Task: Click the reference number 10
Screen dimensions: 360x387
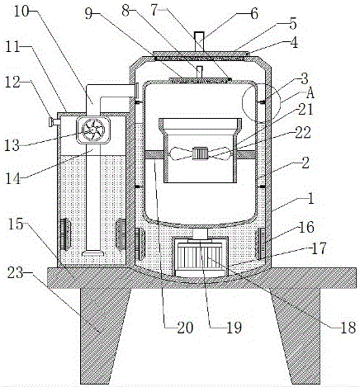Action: (21, 11)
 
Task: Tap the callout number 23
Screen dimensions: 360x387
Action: (16, 273)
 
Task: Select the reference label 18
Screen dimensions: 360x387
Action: (348, 327)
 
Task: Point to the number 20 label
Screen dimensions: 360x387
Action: (186, 327)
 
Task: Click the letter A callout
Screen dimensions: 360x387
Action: (310, 93)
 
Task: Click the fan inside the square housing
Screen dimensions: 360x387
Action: (92, 130)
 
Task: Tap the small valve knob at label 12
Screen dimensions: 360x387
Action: (53, 121)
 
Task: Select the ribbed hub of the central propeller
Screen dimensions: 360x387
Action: (198, 153)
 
